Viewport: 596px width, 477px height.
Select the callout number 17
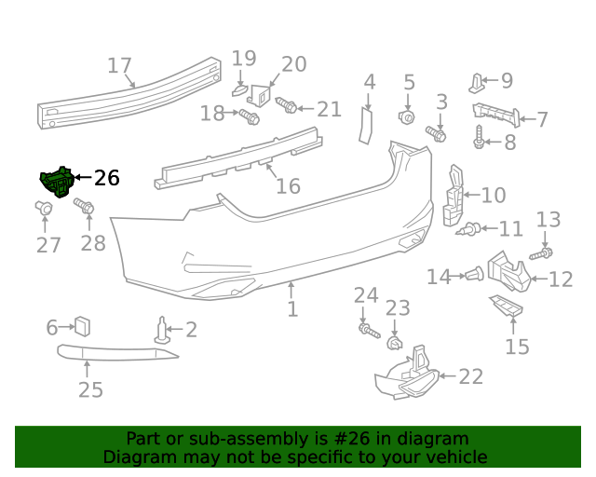coord(119,66)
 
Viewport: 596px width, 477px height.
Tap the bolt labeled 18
coord(249,116)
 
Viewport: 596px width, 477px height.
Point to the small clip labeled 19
coord(240,90)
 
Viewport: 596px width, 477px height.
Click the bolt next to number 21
coord(287,108)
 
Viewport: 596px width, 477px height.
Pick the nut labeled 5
coord(407,117)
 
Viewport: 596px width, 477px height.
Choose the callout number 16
coord(289,185)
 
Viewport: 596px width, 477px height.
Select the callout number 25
coord(90,389)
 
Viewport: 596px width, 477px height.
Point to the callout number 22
coord(471,376)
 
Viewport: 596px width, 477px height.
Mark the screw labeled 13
coord(542,252)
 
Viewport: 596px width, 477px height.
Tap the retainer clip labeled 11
coord(472,228)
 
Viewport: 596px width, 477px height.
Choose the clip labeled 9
coord(477,82)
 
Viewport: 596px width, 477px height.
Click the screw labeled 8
coord(479,138)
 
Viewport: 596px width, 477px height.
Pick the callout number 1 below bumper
coord(292,307)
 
